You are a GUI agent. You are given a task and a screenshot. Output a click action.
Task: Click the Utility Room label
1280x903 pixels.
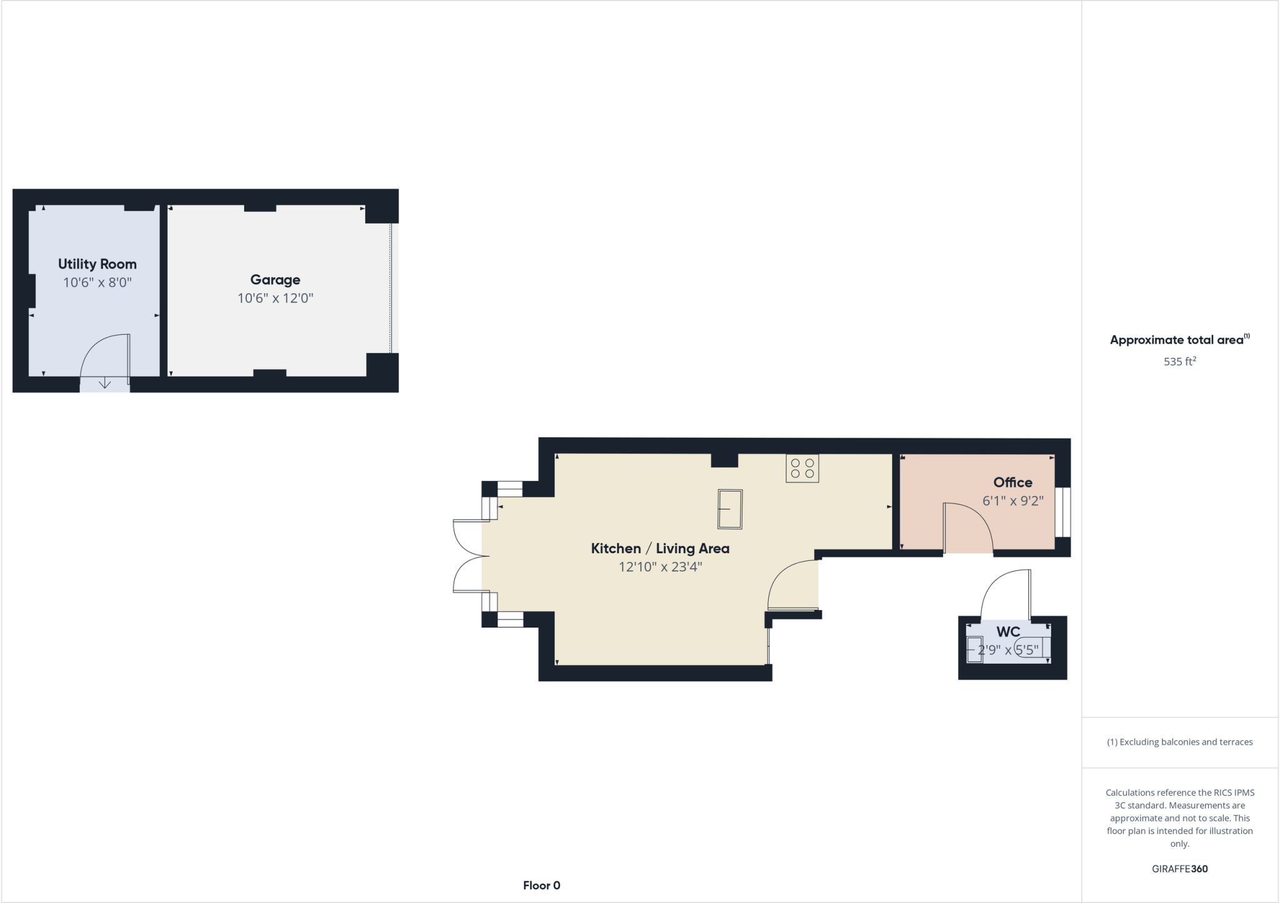(97, 264)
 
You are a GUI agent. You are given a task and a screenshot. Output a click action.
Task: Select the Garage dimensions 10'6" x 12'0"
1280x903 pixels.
(275, 299)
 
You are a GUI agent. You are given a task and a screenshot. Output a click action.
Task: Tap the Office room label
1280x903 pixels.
(1012, 482)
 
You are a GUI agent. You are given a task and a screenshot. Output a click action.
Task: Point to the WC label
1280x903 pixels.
(1007, 631)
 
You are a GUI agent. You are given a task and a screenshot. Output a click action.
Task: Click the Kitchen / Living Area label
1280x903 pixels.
(660, 548)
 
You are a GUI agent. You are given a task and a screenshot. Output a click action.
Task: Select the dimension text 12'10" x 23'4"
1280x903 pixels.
(660, 567)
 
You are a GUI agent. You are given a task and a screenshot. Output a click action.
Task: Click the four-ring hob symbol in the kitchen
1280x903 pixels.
(802, 468)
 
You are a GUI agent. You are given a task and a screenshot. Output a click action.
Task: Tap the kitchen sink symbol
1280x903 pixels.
(730, 509)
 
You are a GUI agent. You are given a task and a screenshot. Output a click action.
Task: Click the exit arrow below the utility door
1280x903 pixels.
(105, 383)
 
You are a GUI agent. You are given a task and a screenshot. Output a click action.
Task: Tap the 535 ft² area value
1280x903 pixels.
(1179, 362)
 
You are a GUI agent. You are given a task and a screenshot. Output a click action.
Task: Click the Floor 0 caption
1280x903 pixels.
(541, 886)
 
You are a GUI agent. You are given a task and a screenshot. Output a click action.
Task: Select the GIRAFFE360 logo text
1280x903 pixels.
(1179, 869)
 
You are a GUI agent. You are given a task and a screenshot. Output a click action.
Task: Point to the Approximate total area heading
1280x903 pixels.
(1178, 340)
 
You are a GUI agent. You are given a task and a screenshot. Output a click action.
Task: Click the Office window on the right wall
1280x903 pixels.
(1062, 512)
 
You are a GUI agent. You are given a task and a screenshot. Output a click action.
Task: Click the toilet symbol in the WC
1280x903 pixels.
(1030, 648)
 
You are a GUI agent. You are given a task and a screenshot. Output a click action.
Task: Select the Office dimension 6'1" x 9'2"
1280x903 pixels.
(1012, 501)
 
